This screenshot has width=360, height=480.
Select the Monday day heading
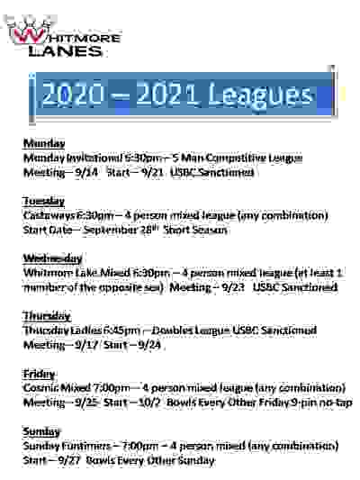43,144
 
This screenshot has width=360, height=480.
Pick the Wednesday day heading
52,259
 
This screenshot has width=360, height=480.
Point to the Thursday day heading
47,317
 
